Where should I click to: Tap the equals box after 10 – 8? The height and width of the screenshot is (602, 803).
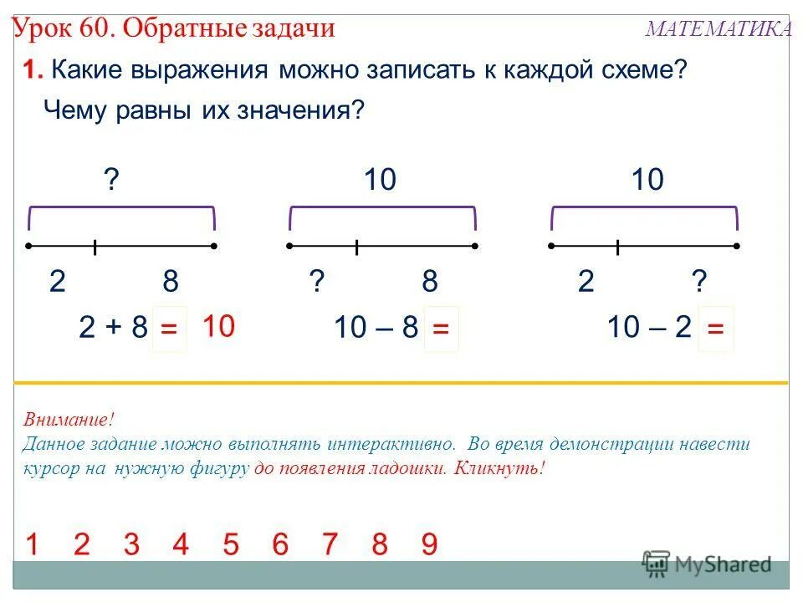(x=441, y=330)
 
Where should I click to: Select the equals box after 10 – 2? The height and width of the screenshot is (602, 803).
(x=715, y=330)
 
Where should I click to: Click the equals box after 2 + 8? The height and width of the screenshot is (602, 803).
(x=169, y=330)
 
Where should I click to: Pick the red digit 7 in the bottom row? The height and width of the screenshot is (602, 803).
(x=330, y=545)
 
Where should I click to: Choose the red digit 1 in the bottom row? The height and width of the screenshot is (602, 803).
(x=32, y=545)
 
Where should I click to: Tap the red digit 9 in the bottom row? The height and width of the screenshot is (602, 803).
(x=429, y=545)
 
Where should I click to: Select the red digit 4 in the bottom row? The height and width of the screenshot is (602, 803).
(x=181, y=545)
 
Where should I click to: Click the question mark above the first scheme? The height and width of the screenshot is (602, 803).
(x=110, y=180)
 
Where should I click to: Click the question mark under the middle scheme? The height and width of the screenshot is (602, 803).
(x=317, y=282)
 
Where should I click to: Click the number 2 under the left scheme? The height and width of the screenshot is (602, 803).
(x=57, y=282)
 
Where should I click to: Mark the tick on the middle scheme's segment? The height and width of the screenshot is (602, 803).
(x=357, y=247)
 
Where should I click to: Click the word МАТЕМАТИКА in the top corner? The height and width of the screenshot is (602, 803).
(x=719, y=29)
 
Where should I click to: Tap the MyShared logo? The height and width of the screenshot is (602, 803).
(x=707, y=564)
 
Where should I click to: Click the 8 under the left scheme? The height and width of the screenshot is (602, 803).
(x=171, y=282)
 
